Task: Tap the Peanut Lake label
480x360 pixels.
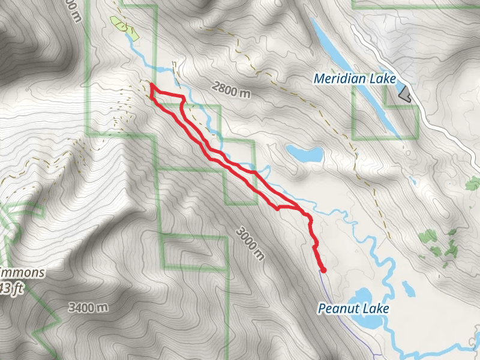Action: tap(353, 309)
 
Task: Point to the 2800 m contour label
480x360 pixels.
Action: tap(230, 91)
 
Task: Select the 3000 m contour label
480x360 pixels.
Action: tap(250, 242)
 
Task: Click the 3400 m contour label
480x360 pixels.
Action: tap(88, 308)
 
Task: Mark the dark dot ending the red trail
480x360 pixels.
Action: tap(323, 270)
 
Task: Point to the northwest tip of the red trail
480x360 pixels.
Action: tap(151, 87)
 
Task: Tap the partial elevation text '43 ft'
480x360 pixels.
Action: tap(12, 288)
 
